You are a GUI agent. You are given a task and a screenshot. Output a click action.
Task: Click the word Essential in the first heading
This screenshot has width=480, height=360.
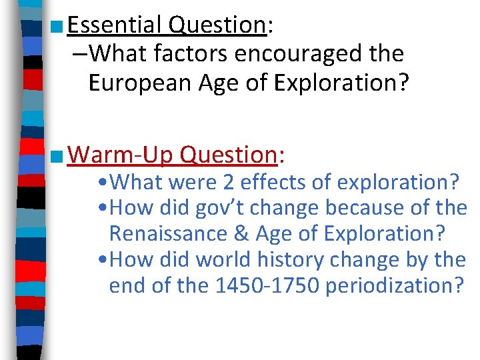pos(115,25)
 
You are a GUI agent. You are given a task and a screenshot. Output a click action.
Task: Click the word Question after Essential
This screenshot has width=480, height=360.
pos(217,25)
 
